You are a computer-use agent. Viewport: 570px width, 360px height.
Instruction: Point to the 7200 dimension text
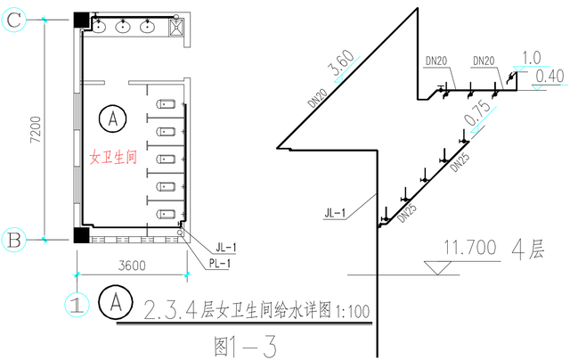tap(33, 129)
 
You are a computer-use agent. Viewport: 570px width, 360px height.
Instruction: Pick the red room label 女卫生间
tap(113, 157)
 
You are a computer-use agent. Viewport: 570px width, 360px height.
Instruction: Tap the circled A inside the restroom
tap(112, 116)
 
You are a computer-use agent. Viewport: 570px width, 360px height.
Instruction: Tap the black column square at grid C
tap(80, 19)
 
